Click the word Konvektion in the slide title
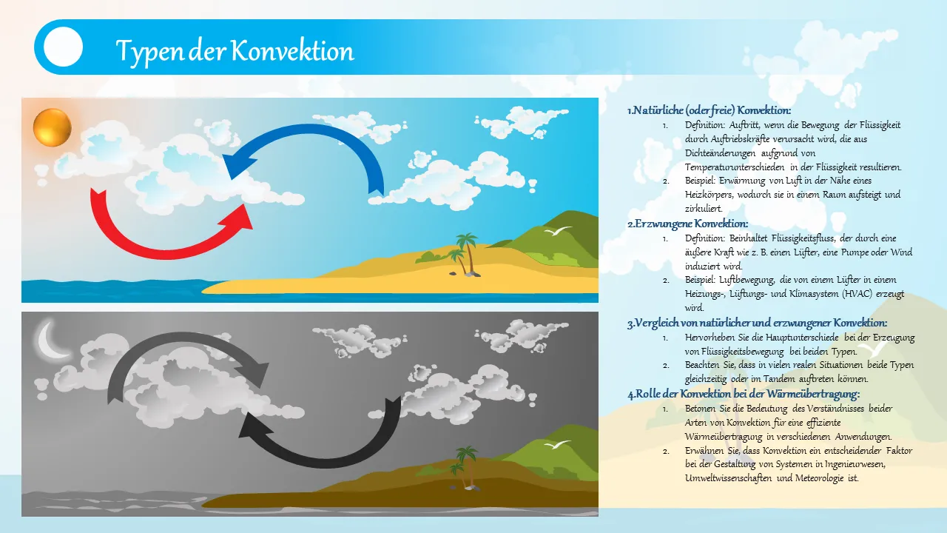(292, 51)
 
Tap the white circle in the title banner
(63, 47)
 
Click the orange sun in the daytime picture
(53, 127)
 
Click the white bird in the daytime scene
(557, 230)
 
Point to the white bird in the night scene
(557, 444)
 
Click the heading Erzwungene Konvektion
(688, 224)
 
